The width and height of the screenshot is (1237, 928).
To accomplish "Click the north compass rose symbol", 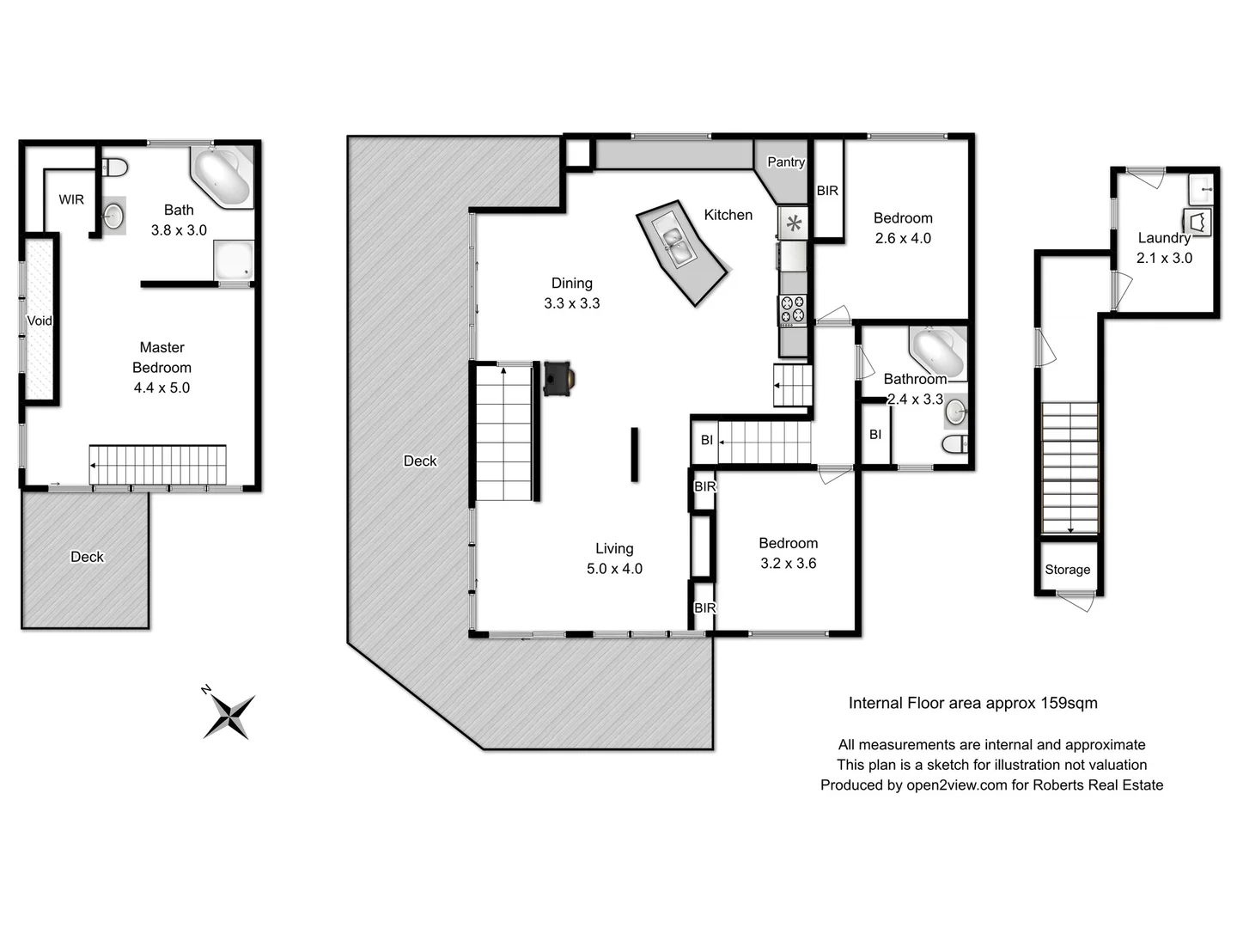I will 229,716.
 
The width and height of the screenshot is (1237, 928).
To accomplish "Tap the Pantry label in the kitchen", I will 785,162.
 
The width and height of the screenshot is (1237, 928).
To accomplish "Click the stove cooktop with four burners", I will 792,309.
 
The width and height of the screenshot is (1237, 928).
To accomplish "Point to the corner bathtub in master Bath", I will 222,177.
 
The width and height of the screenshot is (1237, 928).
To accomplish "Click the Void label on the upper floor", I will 40,321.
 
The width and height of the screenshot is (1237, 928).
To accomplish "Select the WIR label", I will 71,199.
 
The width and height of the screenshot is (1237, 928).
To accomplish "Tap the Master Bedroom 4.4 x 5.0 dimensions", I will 161,388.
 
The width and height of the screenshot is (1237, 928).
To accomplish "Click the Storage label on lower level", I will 1067,570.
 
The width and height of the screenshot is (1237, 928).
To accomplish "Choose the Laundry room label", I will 1164,238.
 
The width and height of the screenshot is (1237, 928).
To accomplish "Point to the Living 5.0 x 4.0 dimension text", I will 614,569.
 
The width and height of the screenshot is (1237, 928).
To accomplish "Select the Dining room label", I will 571,283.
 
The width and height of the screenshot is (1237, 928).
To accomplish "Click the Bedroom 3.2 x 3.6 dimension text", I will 788,564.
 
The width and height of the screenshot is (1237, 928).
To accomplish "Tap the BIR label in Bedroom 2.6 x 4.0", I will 827,191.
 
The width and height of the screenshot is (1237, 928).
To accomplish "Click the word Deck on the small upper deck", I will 87,557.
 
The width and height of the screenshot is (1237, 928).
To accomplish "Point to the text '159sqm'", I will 1069,703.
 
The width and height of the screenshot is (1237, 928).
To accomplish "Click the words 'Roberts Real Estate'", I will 1097,785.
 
